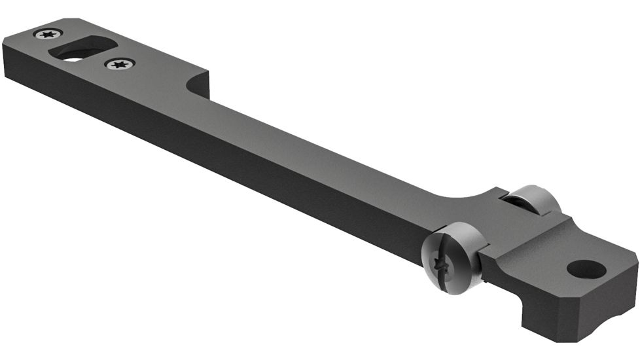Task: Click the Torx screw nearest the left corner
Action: pos(48,34)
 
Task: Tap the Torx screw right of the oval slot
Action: pos(120,64)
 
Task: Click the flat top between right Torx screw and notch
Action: pos(164,65)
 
